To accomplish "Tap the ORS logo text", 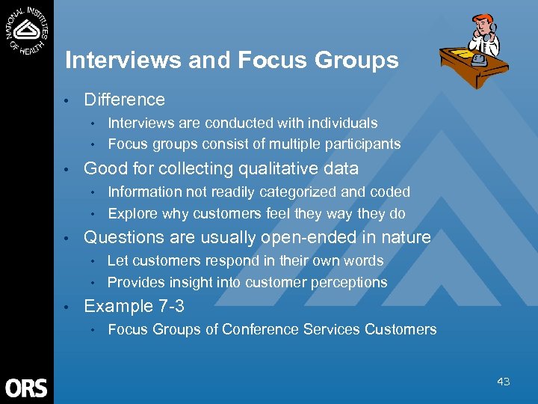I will pos(26,388).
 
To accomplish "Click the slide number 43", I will pos(503,382).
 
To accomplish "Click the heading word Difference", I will pos(124,100).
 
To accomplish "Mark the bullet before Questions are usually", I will pos(67,239).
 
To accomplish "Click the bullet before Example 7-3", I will pos(67,307).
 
